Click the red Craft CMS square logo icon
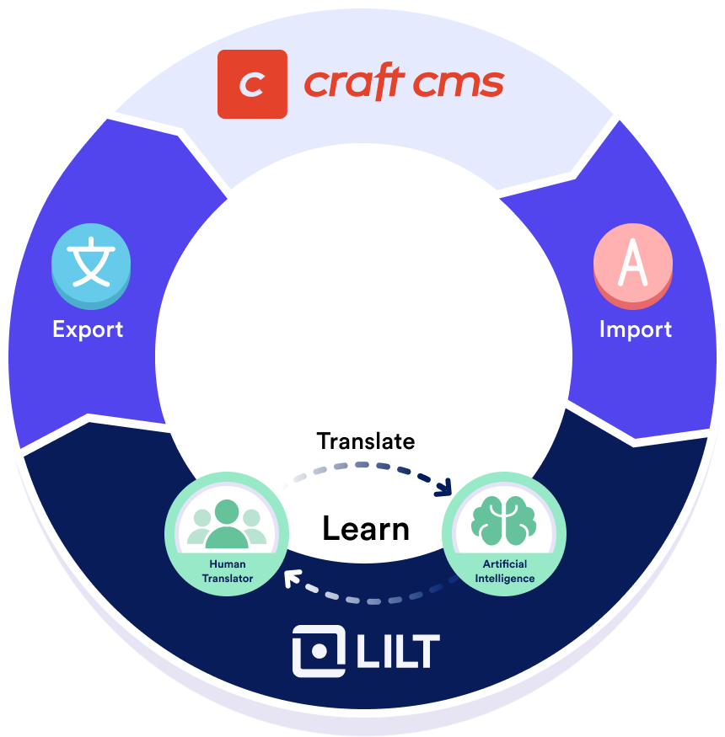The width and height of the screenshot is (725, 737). pos(252,84)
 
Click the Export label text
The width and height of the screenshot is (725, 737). pos(88,328)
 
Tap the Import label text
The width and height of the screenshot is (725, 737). pos(636,328)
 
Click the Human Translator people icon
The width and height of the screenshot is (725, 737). pos(226,524)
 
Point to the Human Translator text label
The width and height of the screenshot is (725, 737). pos(227,571)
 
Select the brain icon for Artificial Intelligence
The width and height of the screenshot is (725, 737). pos(504,519)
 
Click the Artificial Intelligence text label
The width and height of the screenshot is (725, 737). pos(504,571)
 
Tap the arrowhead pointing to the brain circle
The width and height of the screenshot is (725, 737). pos(444,489)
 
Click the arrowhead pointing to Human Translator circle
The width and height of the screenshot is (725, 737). pos(293,579)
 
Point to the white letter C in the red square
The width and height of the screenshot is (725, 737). pos(252,84)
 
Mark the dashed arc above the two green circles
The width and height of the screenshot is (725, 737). pos(362,466)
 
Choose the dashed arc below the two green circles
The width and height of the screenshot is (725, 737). pos(371,599)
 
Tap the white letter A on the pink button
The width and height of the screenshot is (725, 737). pos(632,263)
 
